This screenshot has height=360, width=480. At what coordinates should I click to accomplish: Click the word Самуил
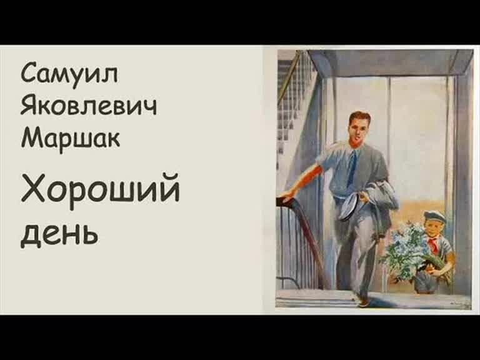tap(69, 73)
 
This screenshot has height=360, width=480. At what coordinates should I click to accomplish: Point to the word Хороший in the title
tap(100, 191)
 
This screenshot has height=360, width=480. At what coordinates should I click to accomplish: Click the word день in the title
tap(59, 233)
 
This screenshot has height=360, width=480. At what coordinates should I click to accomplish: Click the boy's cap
tap(434, 217)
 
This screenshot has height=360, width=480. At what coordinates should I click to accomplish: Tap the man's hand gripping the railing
tap(286, 198)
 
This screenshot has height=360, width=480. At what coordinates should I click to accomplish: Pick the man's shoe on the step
tap(362, 301)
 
